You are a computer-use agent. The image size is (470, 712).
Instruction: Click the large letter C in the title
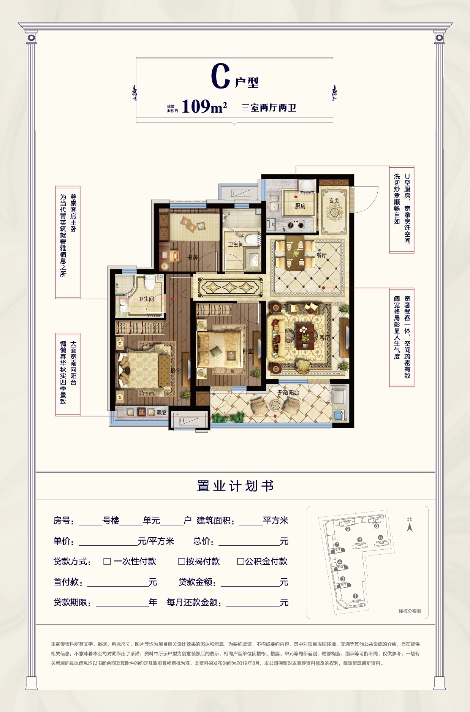221,76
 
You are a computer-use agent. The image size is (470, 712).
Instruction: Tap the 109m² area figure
204,107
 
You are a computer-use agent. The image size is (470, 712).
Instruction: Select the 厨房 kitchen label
300,206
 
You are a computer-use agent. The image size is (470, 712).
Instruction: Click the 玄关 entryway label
334,201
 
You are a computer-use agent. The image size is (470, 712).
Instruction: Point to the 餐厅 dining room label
321,255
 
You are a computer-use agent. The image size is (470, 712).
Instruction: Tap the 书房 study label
193,257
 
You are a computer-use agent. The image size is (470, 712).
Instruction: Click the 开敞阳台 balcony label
288,392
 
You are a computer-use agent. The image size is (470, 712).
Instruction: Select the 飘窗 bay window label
162,413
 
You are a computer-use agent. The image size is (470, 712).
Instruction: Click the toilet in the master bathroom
149,283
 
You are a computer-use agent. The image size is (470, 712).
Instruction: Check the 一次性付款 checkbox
107,561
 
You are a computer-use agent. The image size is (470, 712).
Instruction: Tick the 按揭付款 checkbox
181,561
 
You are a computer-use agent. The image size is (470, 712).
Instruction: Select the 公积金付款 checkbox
241,561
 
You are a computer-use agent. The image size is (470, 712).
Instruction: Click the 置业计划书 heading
235,486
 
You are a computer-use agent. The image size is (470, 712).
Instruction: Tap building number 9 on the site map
348,529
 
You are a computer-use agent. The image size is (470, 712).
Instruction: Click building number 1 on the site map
355,596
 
